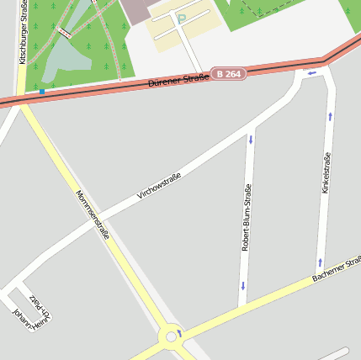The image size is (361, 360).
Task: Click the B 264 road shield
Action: [x=228, y=74]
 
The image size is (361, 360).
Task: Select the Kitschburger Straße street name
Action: [x=23, y=34]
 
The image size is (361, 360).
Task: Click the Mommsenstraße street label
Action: [x=92, y=214]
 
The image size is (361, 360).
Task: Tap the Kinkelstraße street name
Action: [x=326, y=172]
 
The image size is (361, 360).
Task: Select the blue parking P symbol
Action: [x=180, y=19]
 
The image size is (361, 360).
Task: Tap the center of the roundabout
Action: [x=172, y=336]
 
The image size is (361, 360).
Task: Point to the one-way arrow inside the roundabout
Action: [x=179, y=333]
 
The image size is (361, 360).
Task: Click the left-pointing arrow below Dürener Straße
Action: [x=311, y=73]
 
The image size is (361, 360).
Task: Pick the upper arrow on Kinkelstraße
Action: [x=330, y=116]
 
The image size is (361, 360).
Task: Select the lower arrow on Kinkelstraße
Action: [x=320, y=262]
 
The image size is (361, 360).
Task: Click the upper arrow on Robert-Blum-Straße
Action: [x=250, y=137]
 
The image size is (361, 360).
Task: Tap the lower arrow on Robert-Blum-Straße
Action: [x=242, y=286]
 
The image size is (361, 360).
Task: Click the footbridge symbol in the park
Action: [x=65, y=33]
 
